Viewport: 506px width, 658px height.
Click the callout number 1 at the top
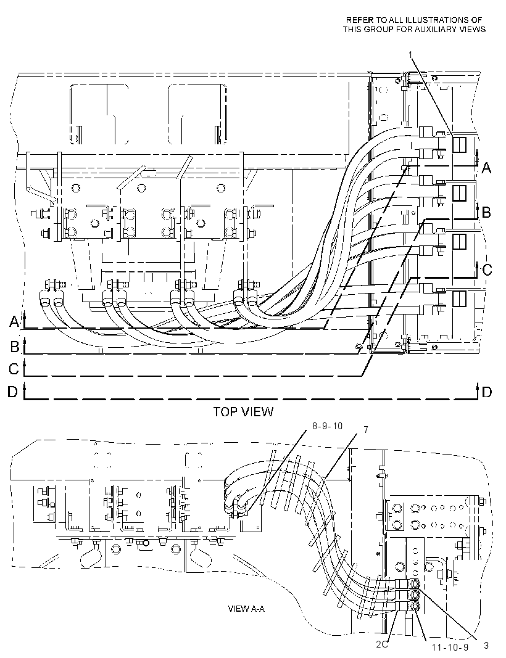[411, 54]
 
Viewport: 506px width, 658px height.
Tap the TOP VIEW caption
[243, 412]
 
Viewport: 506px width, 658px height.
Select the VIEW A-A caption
[246, 609]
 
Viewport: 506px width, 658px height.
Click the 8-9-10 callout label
[327, 426]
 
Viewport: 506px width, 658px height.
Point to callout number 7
[366, 430]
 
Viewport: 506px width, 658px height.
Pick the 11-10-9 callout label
[450, 648]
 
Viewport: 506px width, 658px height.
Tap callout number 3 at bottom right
[486, 646]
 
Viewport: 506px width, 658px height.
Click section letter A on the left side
[15, 322]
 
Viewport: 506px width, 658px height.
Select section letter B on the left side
[15, 347]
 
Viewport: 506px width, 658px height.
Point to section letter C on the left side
[14, 369]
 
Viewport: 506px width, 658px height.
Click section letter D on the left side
[12, 392]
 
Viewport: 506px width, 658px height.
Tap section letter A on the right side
[486, 168]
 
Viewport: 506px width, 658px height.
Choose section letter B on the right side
[486, 212]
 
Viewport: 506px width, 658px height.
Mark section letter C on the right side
[487, 269]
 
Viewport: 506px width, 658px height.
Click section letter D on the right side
[486, 392]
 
